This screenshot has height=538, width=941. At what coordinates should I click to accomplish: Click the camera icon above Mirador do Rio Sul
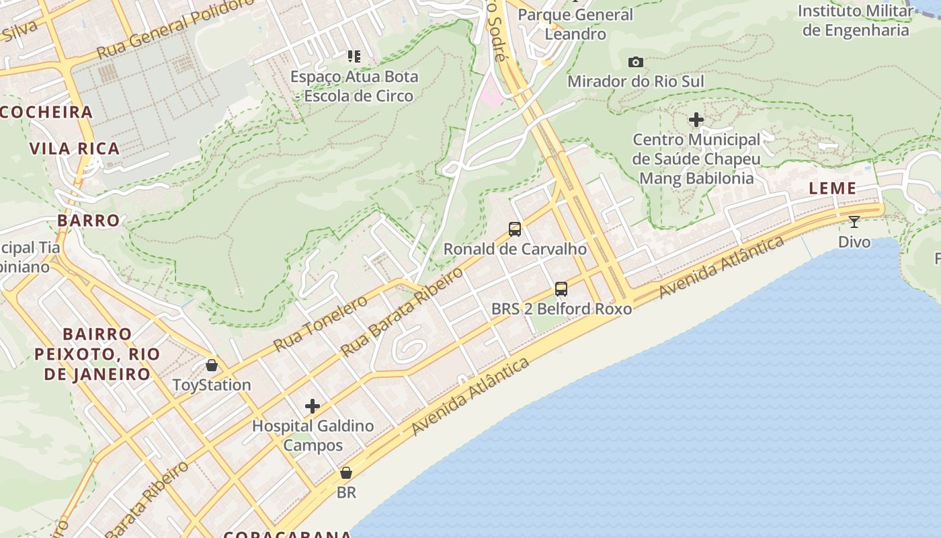coord(635,63)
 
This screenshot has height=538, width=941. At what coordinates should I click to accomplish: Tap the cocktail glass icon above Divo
coord(854,221)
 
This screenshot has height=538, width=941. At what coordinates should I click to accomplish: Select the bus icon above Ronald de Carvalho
coord(515,229)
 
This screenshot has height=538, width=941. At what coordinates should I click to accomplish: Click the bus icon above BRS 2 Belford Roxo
coord(561,289)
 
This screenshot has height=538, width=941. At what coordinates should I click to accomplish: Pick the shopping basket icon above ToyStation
coord(212,365)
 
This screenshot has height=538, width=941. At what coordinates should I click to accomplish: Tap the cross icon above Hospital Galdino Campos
coord(313,406)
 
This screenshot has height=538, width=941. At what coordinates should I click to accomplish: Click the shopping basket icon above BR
coord(346,473)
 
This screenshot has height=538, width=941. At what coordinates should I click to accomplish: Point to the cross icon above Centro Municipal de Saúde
coord(696,120)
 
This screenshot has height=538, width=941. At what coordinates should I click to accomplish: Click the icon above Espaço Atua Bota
coord(354,56)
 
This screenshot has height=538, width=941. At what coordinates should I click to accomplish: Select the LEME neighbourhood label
coord(832,188)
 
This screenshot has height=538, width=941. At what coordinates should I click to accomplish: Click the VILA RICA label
coord(75,149)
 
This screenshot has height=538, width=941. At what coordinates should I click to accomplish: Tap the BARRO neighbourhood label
coord(89,221)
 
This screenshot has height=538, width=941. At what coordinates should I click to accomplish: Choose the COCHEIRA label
coord(46,112)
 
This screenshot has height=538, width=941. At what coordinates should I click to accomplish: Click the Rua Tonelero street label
coord(321,323)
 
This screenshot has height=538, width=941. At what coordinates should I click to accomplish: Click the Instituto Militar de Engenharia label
coord(856,20)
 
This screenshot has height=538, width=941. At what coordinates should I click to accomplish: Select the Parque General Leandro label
coord(575,24)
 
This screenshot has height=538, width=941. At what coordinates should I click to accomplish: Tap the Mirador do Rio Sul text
coord(636,81)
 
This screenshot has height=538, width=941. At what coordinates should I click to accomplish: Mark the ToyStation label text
coord(212,385)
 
